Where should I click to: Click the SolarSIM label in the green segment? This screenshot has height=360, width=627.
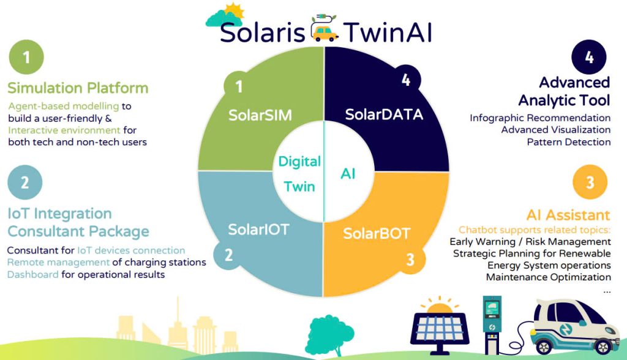point(260,115)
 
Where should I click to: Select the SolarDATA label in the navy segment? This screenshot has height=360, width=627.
point(384,114)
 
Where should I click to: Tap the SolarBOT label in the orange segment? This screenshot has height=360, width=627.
point(377,233)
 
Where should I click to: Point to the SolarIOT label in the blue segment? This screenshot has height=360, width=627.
point(258,229)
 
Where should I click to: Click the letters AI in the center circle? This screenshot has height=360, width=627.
point(348,174)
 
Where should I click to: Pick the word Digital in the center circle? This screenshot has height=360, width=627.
point(299,162)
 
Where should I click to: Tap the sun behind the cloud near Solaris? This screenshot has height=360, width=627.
point(235,11)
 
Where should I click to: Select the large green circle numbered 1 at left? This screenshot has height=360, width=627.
point(26,57)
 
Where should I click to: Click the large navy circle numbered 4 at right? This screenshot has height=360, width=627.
point(589,57)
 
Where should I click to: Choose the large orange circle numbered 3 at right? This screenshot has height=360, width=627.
point(590,182)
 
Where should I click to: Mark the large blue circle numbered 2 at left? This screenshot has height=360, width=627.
point(24,182)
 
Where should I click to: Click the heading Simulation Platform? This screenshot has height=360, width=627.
point(78,88)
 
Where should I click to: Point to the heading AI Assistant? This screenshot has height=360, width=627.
point(568,215)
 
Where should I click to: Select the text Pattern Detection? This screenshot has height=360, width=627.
point(569,142)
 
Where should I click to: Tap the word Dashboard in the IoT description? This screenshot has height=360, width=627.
point(33,274)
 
